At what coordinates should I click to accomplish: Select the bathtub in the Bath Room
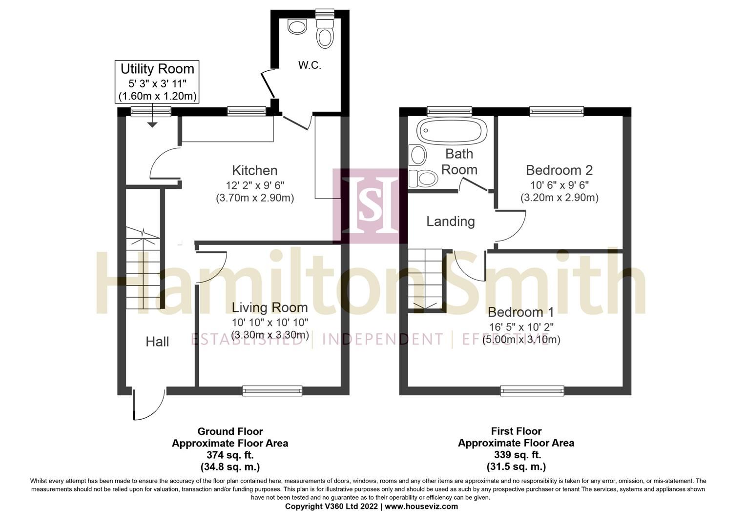click(x=452, y=131)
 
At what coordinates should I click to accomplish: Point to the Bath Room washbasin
click(x=418, y=155)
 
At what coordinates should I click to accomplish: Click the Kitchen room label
click(x=254, y=170)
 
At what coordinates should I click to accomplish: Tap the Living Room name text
click(x=269, y=307)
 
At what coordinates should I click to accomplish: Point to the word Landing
click(x=450, y=222)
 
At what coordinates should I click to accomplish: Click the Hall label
click(x=157, y=342)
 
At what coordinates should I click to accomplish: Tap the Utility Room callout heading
click(x=157, y=69)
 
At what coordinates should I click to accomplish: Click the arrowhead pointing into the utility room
click(x=152, y=125)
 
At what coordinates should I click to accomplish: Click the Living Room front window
click(x=272, y=390)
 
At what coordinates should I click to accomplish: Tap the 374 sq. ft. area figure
click(x=229, y=455)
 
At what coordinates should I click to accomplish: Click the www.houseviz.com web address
click(x=421, y=507)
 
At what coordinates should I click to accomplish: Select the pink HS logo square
click(x=370, y=206)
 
